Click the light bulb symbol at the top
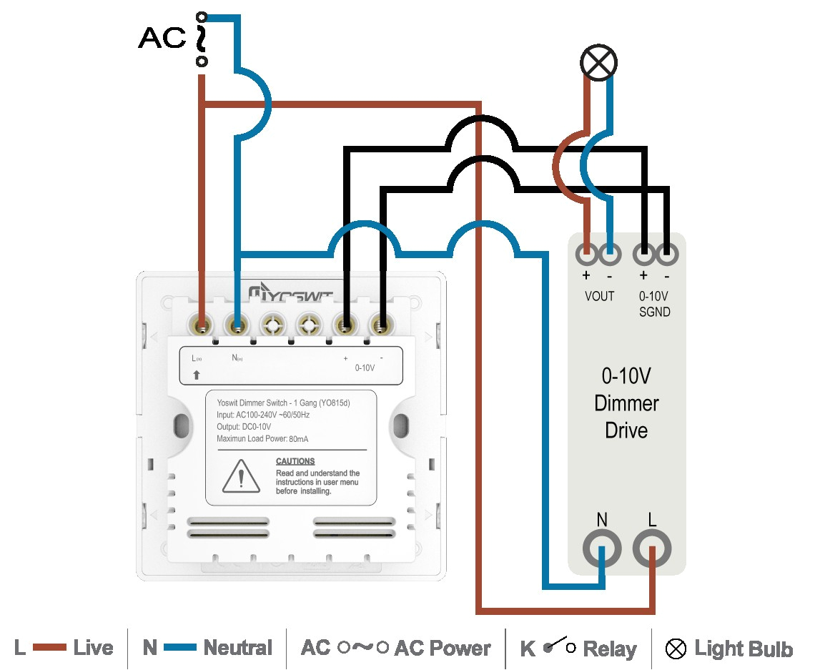click(x=598, y=63)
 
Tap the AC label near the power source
click(x=162, y=38)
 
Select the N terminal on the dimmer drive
click(x=602, y=549)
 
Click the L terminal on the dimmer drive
click(x=652, y=549)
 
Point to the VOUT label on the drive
click(x=599, y=296)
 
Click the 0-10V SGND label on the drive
click(x=654, y=304)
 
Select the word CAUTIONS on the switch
click(x=295, y=461)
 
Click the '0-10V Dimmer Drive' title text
click(x=626, y=403)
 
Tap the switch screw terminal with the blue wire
click(x=237, y=326)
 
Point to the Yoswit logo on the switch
click(x=290, y=293)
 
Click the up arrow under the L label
click(x=197, y=375)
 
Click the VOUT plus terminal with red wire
click(x=587, y=252)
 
